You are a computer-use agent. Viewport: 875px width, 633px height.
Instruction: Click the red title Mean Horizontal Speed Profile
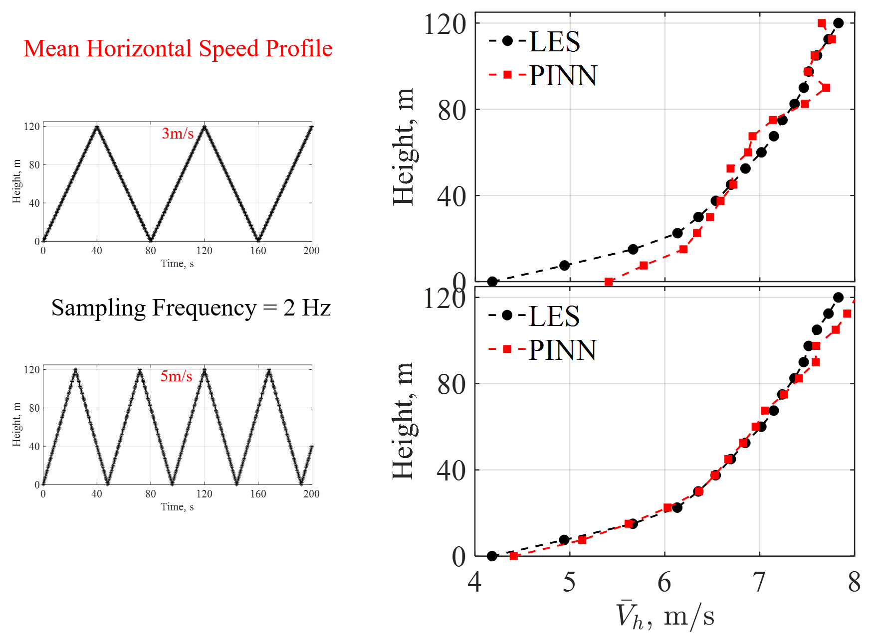(x=178, y=49)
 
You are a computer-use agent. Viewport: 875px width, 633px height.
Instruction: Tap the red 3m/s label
(x=178, y=133)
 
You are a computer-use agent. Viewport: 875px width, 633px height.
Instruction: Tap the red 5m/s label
(x=176, y=376)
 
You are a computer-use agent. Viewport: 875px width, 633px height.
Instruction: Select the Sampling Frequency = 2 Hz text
(x=191, y=308)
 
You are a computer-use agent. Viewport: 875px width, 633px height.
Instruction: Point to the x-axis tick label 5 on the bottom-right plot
(x=569, y=582)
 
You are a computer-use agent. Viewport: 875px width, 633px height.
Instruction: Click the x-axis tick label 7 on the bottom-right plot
(x=759, y=582)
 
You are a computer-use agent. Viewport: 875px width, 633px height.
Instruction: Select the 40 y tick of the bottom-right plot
(x=451, y=471)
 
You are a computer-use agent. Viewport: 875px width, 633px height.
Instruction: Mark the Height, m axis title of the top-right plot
(x=403, y=147)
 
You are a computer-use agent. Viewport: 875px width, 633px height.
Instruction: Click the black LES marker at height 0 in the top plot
(x=492, y=282)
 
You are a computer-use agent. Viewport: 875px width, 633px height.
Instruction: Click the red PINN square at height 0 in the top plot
(x=609, y=282)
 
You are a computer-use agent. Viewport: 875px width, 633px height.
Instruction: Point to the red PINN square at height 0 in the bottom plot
(x=514, y=556)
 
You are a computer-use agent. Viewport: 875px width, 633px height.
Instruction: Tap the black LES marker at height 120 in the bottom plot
(x=838, y=298)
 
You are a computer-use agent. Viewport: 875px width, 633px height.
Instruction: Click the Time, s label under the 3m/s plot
(x=177, y=264)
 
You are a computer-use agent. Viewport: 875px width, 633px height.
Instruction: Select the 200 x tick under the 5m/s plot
(x=311, y=494)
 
